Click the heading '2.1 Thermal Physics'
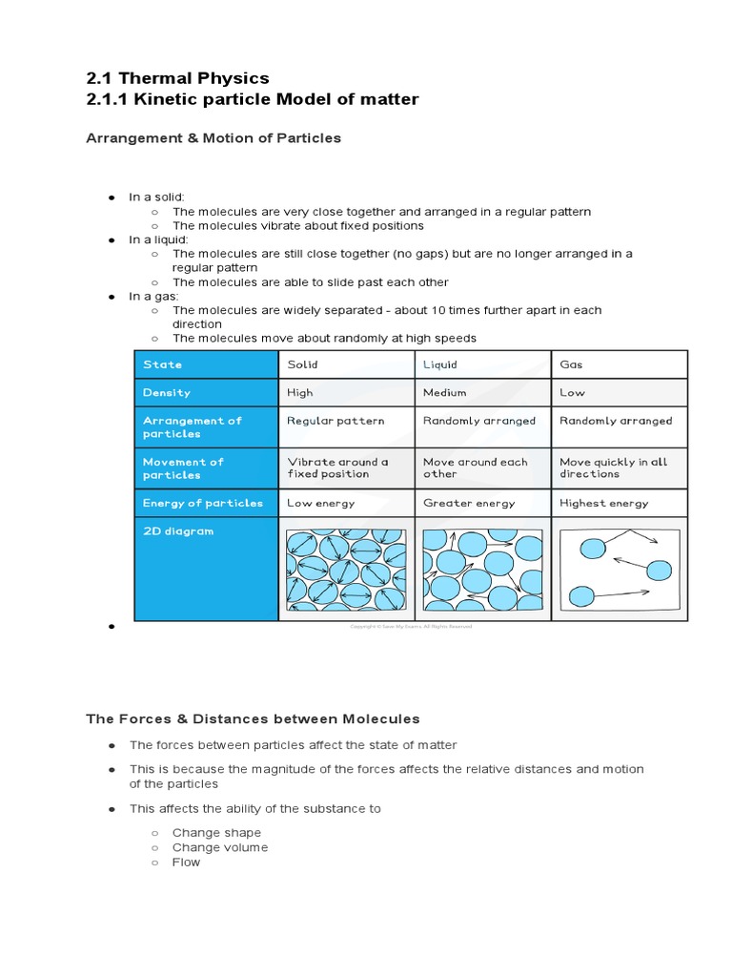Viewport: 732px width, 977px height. (177, 77)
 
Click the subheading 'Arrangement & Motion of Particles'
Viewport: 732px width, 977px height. (213, 138)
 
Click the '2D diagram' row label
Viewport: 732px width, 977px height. (178, 531)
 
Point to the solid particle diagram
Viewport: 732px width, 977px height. (345, 571)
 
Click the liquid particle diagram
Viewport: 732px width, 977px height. (481, 571)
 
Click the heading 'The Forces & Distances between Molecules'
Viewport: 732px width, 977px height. (253, 718)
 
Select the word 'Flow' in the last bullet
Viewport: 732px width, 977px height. (187, 862)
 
